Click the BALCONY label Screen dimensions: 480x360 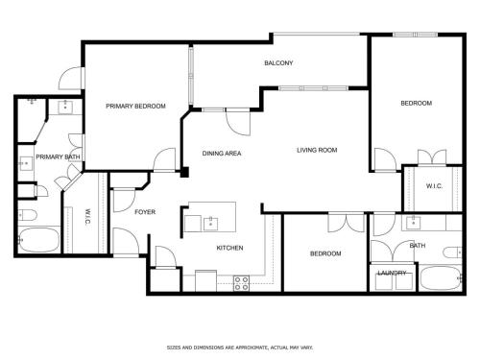278,63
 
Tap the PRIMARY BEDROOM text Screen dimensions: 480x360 135,106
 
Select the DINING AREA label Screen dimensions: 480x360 222,154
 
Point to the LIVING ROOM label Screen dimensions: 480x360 317,150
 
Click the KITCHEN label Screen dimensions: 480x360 229,248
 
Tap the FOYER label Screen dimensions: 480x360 145,212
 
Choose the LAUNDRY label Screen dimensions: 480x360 392,273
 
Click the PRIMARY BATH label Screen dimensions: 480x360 58,156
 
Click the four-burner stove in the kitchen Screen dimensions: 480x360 241,283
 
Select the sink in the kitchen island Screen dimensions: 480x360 210,224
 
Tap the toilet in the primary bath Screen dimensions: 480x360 28,215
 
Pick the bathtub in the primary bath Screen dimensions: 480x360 38,240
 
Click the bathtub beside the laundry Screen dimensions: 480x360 441,277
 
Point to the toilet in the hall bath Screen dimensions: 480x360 453,252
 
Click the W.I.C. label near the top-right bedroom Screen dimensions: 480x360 434,186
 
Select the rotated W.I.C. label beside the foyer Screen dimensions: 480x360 87,217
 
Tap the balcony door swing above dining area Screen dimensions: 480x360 238,123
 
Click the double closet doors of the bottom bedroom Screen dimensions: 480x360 347,223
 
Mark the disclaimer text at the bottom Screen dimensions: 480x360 240,348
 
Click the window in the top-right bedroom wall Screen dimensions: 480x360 415,35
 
